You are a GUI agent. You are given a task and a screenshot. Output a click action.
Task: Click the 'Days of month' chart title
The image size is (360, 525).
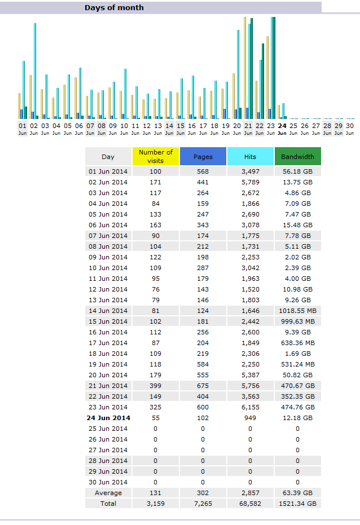114,8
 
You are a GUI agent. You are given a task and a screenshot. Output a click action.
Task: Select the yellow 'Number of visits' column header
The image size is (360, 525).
156,156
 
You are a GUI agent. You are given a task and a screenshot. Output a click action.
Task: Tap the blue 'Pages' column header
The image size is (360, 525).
203,157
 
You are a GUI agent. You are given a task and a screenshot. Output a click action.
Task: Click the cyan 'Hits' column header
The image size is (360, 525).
250,157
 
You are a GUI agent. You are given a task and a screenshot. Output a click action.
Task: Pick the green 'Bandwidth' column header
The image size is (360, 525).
297,157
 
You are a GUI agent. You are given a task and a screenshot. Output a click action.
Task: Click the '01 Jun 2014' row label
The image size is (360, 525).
108,171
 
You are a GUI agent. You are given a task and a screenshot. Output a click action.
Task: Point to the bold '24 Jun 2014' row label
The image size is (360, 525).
108,418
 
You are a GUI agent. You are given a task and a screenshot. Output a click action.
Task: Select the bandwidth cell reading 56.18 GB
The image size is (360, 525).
297,171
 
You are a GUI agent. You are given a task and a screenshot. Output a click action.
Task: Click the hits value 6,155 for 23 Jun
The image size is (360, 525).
250,407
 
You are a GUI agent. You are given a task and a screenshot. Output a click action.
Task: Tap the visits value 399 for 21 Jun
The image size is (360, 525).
156,386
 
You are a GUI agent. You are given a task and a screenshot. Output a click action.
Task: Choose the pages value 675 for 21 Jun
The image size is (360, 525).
203,386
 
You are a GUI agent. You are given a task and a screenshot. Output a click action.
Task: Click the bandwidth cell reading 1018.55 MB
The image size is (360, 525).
297,311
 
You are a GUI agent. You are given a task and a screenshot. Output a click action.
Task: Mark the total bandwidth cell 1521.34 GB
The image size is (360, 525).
297,504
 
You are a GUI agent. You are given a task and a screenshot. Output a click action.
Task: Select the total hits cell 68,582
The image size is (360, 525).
250,504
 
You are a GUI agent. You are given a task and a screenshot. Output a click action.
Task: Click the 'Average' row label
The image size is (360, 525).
108,493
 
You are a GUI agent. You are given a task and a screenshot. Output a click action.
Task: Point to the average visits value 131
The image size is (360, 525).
156,493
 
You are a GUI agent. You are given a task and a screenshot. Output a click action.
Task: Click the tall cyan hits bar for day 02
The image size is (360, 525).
35,70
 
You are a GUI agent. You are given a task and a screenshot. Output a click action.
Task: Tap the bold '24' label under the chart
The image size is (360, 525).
282,126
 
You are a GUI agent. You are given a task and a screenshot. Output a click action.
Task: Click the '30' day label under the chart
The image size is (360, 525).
350,126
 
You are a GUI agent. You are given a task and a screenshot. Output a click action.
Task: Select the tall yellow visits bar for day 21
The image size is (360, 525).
245,68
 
